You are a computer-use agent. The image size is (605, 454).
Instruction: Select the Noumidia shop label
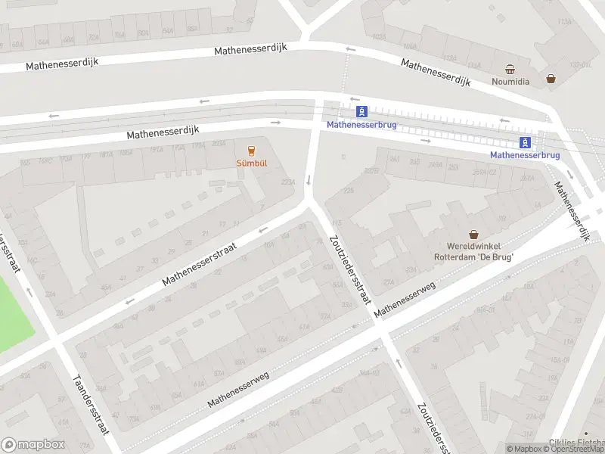(510, 81)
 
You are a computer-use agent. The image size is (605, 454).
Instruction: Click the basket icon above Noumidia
(510, 68)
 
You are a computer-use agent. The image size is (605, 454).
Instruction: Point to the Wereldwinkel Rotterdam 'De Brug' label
(474, 252)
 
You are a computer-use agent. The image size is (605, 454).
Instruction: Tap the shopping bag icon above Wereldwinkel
(474, 235)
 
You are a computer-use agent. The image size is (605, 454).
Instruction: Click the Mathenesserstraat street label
(200, 264)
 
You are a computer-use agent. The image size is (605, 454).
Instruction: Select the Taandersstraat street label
(91, 405)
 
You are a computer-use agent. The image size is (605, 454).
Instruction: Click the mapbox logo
(33, 445)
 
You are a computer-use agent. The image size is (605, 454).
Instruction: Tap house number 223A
(287, 182)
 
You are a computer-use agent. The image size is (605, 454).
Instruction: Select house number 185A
(126, 154)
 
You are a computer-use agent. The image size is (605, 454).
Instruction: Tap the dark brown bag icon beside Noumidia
(551, 78)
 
